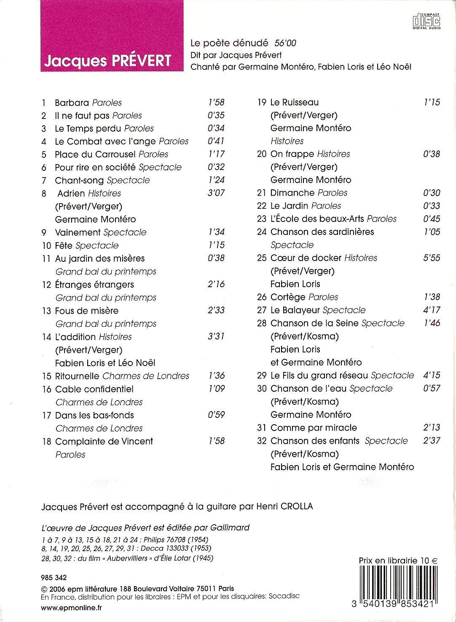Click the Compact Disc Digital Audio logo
tap(426, 21)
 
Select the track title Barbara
tap(72, 102)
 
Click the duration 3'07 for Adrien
tap(216, 193)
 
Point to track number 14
tap(46, 337)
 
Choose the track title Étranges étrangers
tap(94, 285)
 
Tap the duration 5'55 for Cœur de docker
tap(432, 258)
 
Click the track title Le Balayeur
tap(295, 310)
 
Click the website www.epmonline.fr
tap(71, 608)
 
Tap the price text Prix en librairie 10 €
tap(398, 560)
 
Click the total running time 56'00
tap(285, 43)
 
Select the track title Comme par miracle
tap(314, 428)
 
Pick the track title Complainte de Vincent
tap(104, 442)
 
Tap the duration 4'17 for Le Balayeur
tap(432, 310)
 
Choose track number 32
tap(262, 441)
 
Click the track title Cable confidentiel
tap(94, 389)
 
